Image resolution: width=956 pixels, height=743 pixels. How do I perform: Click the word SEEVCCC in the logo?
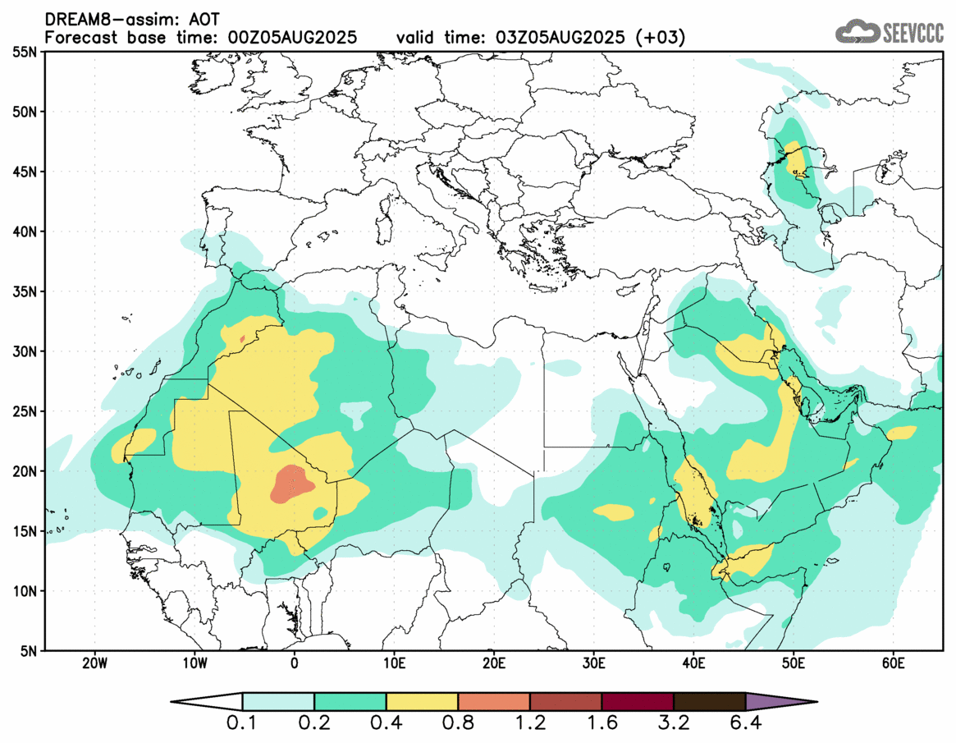coord(913,33)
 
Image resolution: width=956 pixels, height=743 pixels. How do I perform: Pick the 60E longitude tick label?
coord(893,663)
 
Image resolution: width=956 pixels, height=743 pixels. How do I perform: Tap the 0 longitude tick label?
coord(295,663)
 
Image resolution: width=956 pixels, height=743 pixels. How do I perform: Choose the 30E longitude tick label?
coord(593,663)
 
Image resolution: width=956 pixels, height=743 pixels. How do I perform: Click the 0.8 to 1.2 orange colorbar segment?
coord(494,702)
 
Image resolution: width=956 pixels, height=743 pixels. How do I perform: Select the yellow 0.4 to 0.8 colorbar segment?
coord(422,702)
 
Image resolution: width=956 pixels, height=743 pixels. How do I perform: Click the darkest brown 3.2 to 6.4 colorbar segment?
coord(709,702)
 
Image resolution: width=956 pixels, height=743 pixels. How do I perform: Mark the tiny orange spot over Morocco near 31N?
coord(242,338)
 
